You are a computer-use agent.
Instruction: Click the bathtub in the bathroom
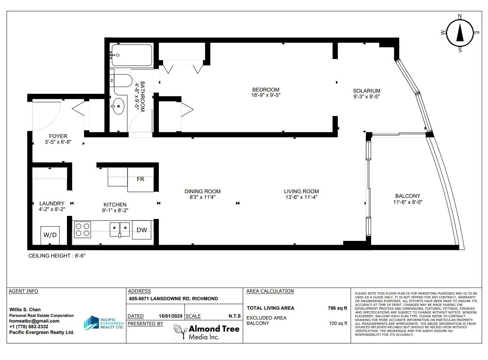(132, 55)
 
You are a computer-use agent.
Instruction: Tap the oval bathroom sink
(118, 106)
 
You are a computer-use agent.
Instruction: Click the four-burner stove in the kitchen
(82, 230)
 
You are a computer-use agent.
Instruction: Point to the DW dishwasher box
(142, 230)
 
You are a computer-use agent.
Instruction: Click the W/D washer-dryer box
(50, 235)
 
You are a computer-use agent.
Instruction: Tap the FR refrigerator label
(140, 179)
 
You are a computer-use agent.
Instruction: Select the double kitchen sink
(120, 230)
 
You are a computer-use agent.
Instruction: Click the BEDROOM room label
(266, 90)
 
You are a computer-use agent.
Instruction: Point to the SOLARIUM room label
(367, 91)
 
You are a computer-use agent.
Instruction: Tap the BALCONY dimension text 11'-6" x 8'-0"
(408, 202)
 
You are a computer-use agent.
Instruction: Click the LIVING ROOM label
(302, 191)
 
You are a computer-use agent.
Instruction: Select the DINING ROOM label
(202, 191)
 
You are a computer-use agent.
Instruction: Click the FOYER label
(58, 136)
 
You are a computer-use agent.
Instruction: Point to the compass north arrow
(460, 33)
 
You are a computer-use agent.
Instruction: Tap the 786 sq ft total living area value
(337, 308)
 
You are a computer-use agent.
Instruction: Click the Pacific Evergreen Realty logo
(103, 323)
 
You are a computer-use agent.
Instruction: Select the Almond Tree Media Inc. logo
(207, 332)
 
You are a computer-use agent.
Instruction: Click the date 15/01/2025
(171, 316)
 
